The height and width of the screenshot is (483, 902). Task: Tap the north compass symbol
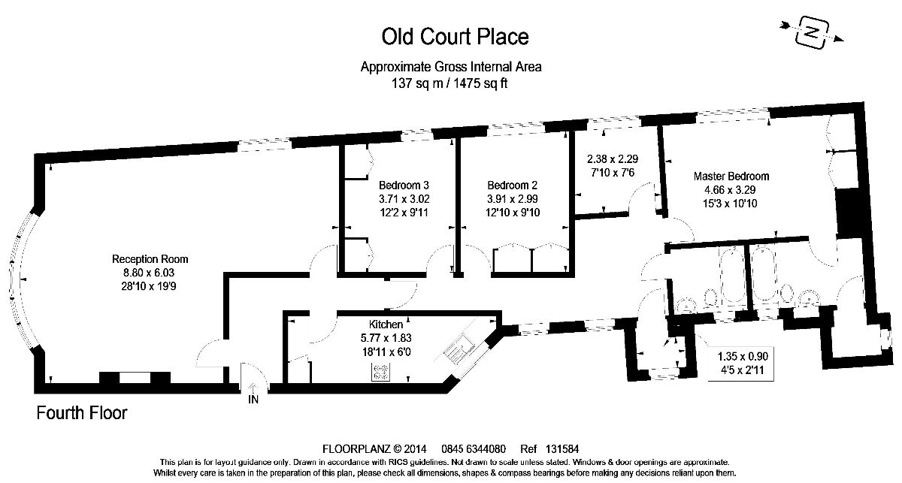tap(810, 32)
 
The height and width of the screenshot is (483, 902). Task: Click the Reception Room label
tap(145, 258)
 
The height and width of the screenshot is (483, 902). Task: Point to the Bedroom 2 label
tap(512, 185)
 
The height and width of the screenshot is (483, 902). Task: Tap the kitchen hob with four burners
tap(381, 370)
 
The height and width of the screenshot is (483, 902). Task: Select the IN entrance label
tap(253, 400)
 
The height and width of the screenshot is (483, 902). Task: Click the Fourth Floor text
tap(83, 413)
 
